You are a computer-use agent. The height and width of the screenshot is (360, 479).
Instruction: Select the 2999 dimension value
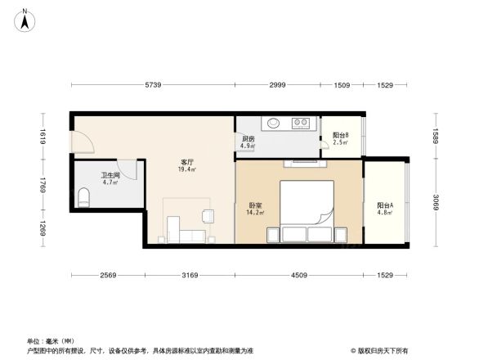pos(278,85)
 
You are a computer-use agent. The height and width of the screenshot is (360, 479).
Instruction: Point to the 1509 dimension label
pos(342,85)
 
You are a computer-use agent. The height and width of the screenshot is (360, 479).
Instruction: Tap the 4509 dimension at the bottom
pos(300,275)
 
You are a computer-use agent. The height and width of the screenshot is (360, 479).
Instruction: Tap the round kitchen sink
pos(273,124)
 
